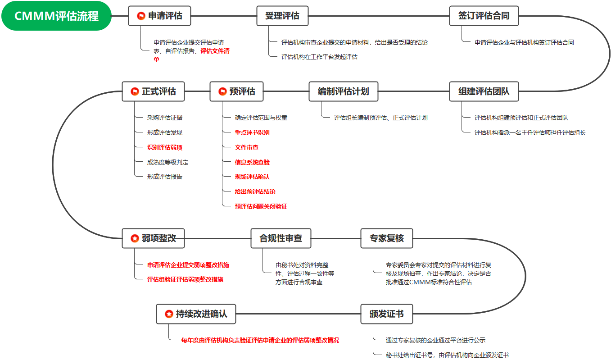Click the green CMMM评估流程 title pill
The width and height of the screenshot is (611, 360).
coord(56,16)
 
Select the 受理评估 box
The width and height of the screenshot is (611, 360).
coord(282,16)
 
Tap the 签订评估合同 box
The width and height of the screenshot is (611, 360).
coord(484,16)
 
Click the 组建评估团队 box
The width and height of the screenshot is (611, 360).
coord(484,91)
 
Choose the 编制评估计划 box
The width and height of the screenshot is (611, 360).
coord(343,91)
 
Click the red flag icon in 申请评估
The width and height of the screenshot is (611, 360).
coord(141,16)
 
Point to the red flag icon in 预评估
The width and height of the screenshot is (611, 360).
coord(222,91)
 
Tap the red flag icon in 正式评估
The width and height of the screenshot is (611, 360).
coord(135,91)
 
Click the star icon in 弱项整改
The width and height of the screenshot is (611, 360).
coord(135,238)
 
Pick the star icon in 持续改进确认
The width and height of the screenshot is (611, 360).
coord(169,314)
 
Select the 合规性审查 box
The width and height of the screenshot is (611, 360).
coord(281,238)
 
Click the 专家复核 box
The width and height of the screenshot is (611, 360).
coord(386,238)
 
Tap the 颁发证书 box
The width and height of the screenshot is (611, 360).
coord(386,314)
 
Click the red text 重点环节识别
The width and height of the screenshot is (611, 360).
coord(252,132)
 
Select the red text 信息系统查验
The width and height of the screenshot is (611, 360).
coord(252,162)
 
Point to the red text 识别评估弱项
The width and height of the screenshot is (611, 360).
coord(164,148)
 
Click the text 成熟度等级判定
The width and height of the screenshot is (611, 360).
coord(167,162)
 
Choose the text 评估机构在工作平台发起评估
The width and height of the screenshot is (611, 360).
coord(319,57)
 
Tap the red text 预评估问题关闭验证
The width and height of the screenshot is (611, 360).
coord(261,207)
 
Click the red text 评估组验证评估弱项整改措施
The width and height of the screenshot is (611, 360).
coord(185,279)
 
